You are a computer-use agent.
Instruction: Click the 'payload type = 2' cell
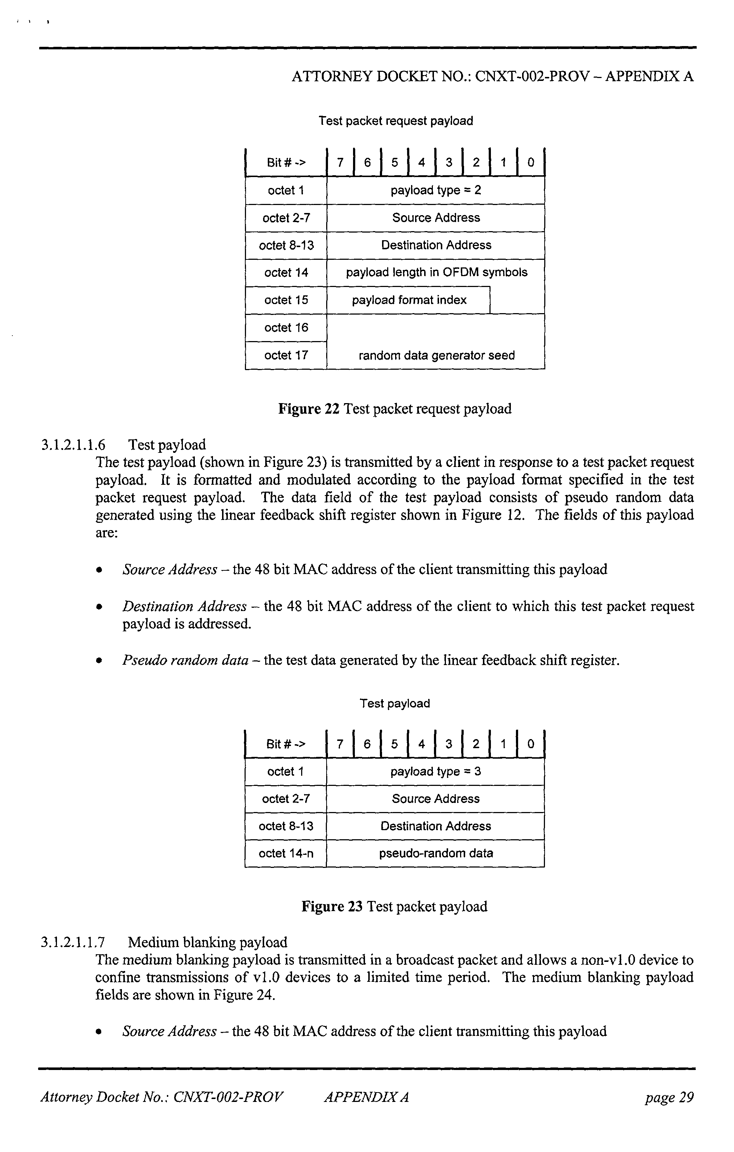435,190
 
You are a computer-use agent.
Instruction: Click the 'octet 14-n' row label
286,853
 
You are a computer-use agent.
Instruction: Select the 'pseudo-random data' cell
435,853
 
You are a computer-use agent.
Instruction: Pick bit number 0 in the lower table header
530,744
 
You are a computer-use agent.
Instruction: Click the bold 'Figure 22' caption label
309,409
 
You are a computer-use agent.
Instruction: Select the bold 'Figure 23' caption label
332,907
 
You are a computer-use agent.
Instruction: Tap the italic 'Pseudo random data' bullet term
185,660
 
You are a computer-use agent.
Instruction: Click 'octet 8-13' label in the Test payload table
286,826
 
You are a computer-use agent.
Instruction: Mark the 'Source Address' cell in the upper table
435,218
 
